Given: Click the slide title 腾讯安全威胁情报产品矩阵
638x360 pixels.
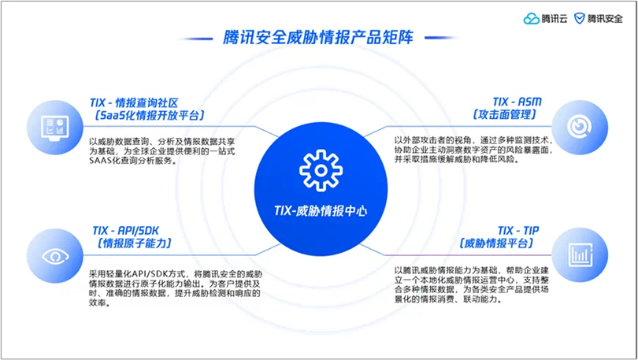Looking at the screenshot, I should tap(318, 36).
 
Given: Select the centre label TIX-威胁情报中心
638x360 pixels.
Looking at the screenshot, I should tap(318, 211).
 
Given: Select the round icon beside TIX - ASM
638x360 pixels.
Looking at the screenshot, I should tap(580, 127).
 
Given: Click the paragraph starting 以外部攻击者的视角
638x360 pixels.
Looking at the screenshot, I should tap(473, 150).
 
